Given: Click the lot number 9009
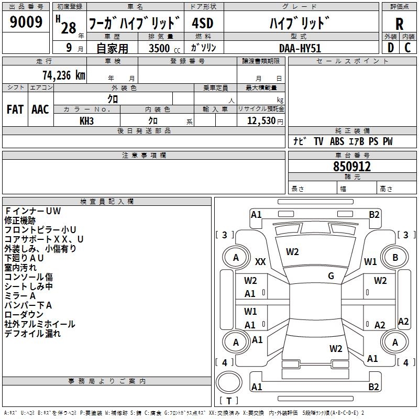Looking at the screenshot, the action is coord(26,21).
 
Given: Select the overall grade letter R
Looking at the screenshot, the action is coord(399,24).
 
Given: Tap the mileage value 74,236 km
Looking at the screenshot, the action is coord(64,75).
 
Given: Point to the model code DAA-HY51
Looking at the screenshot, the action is coord(300,48).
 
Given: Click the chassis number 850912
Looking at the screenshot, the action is coord(352,167).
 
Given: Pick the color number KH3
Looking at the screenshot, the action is coord(86,121).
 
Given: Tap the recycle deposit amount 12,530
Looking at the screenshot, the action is coord(261,120).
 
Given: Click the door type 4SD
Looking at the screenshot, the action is coord(203,23).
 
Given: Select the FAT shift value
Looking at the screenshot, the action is coord(15,109).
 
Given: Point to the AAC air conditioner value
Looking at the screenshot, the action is coord(40,109).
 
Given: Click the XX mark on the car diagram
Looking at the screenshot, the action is coord(260,261).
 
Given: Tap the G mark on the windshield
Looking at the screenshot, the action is coord(331,275).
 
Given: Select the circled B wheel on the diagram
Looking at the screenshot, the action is coord(395,257).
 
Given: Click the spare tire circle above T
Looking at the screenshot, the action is coord(229,382).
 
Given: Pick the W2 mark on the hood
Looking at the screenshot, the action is coord(292,252).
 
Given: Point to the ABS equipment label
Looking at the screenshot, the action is coord(337,141).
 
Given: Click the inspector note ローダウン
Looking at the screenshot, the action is coord(24,314).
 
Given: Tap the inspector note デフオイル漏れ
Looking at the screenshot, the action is coord(32,333).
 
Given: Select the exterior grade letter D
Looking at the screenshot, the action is coord(390,48).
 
